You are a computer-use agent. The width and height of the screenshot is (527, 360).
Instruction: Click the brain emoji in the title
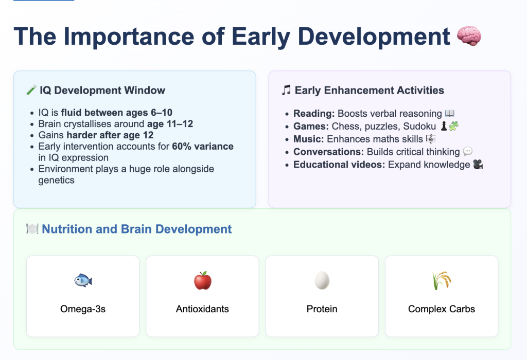pyautogui.click(x=469, y=36)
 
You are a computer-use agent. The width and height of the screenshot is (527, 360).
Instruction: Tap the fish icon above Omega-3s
pyautogui.click(x=83, y=280)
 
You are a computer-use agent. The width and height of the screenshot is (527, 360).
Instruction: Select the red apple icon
pyautogui.click(x=203, y=280)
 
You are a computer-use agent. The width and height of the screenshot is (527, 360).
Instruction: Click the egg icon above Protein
pyautogui.click(x=322, y=280)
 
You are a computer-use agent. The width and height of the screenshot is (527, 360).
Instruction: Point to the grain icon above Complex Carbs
pyautogui.click(x=441, y=280)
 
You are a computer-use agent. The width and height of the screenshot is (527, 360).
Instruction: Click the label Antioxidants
pyautogui.click(x=202, y=309)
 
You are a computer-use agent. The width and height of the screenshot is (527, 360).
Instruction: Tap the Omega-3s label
pyautogui.click(x=83, y=309)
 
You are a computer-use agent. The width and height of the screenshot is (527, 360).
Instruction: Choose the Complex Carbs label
pyautogui.click(x=441, y=309)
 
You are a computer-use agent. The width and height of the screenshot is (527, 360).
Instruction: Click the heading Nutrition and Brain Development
pyautogui.click(x=136, y=229)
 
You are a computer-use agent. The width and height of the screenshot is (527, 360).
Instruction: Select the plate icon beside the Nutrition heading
pyautogui.click(x=32, y=229)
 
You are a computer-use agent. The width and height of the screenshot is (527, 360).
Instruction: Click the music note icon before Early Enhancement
pyautogui.click(x=286, y=90)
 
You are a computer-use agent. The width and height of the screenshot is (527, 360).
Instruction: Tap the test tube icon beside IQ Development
pyautogui.click(x=31, y=90)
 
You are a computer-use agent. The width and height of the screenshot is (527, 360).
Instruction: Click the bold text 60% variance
pyautogui.click(x=203, y=147)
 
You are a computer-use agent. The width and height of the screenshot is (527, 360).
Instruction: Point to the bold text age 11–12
pyautogui.click(x=170, y=124)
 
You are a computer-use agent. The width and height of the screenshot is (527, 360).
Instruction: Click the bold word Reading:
pyautogui.click(x=314, y=114)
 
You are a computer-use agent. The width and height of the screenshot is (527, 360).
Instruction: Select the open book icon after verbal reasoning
pyautogui.click(x=450, y=113)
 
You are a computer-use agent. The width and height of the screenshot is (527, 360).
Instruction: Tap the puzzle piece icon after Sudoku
pyautogui.click(x=453, y=127)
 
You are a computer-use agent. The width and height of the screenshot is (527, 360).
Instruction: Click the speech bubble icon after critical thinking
pyautogui.click(x=467, y=152)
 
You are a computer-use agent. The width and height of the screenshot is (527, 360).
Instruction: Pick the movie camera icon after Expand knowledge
pyautogui.click(x=478, y=165)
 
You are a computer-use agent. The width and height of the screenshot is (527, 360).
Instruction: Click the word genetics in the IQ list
pyautogui.click(x=57, y=181)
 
